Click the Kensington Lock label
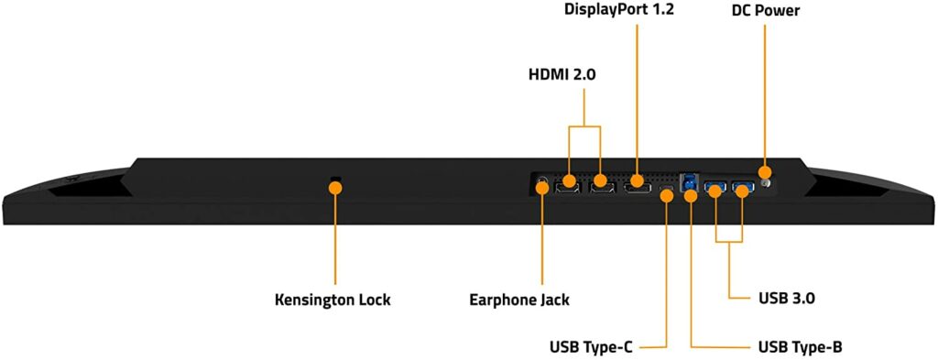pyautogui.click(x=333, y=300)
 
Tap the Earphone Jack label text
pyautogui.click(x=518, y=300)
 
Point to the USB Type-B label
pyautogui.click(x=801, y=347)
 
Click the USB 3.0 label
pyautogui.click(x=793, y=299)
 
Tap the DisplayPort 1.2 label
pyautogui.click(x=618, y=12)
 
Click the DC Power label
pyautogui.click(x=765, y=12)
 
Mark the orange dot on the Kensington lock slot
pyautogui.click(x=335, y=187)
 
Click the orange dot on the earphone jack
pyautogui.click(x=542, y=188)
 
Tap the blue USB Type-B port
pyautogui.click(x=689, y=180)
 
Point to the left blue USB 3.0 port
pyautogui.click(x=715, y=188)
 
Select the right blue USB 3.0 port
pyautogui.click(x=742, y=188)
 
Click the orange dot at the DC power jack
pyautogui.click(x=765, y=172)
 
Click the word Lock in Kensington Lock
pyautogui.click(x=371, y=300)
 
